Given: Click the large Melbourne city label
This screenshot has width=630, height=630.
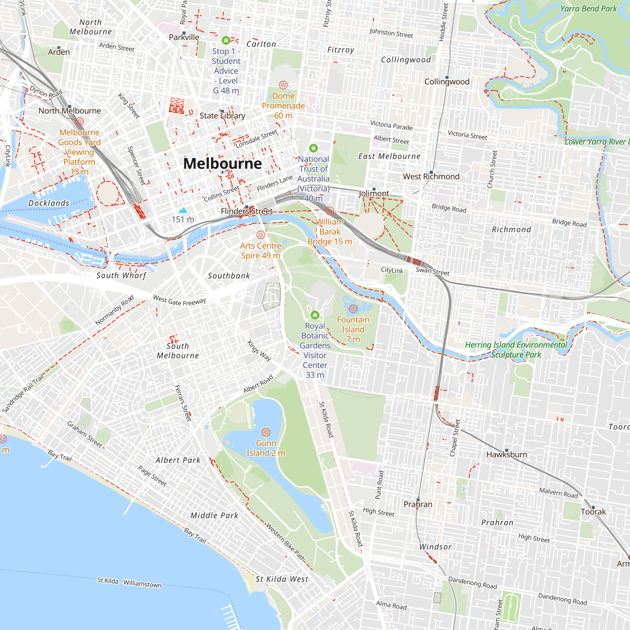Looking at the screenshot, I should tap(222, 163).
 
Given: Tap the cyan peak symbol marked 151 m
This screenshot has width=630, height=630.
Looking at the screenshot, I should tap(183, 210).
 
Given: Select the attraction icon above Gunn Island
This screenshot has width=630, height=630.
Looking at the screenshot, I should tap(266, 432).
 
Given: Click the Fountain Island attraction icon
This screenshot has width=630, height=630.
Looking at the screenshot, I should tap(353, 308).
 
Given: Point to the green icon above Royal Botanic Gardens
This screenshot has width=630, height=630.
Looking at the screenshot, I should tap(315, 315).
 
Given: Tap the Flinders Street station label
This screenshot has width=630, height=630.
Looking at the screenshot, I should tap(247, 211).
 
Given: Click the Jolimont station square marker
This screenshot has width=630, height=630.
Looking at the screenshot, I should tap(374, 189).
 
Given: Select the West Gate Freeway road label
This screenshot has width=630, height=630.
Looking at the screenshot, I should tap(179, 300).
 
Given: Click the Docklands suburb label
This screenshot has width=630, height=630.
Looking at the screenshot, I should tap(49, 203).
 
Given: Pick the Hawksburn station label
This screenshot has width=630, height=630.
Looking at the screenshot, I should tap(507, 455).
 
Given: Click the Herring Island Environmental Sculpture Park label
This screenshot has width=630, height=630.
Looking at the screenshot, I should tap(516, 350).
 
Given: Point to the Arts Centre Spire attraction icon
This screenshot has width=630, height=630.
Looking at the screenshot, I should tap(261, 235).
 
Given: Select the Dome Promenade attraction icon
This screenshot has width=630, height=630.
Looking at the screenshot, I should tap(283, 85).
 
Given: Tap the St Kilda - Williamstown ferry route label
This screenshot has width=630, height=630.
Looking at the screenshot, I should tap(129, 582).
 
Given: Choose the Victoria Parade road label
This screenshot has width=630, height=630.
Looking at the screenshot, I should tap(391, 125).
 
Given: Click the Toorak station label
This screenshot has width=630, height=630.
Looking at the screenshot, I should tap(593, 512).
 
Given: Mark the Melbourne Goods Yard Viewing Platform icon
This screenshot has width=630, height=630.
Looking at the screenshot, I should tap(79, 122).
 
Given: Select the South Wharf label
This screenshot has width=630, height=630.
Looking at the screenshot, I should tap(121, 276).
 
